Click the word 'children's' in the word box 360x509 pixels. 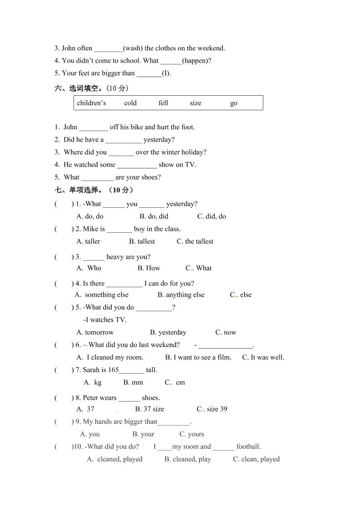91,103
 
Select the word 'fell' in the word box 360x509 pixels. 163,103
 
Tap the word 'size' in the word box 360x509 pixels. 196,103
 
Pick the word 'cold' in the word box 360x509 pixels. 130,103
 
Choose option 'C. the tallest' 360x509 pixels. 195,241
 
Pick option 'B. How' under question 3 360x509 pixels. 149,268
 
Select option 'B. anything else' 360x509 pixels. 181,295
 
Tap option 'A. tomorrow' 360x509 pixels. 95,333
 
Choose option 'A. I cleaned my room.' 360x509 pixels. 110,357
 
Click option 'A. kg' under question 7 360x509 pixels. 93,382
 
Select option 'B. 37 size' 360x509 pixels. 149,409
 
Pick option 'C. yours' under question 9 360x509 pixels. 192,434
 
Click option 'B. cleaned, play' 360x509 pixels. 187,459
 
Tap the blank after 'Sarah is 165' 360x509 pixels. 131,370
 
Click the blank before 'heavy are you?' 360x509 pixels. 94,257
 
